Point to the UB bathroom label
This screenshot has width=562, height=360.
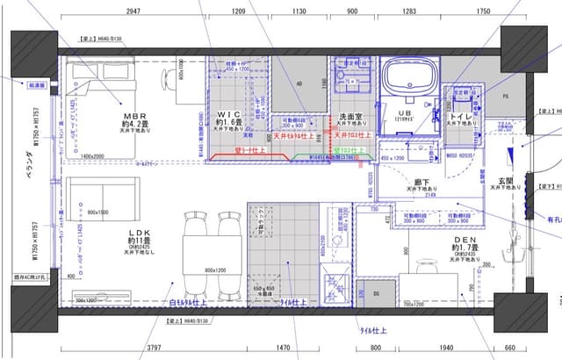point(405,114)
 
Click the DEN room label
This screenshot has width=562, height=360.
point(464,239)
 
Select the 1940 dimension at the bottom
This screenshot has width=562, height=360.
point(448,349)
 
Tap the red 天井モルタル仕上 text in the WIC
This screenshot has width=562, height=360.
point(299,136)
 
